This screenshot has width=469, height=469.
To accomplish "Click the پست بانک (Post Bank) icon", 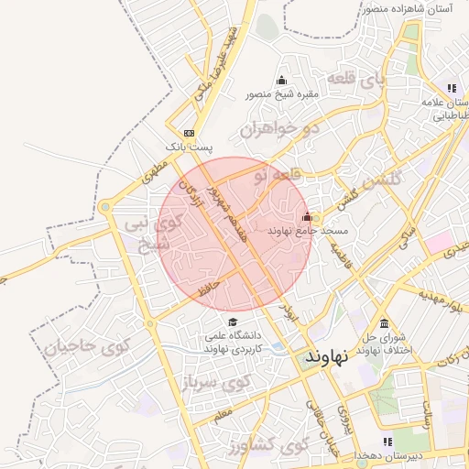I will point(189,132).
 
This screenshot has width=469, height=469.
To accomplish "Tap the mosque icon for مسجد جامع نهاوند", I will point(306,218).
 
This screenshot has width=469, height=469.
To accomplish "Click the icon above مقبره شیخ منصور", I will point(281,80).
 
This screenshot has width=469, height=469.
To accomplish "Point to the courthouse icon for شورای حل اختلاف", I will point(383,325).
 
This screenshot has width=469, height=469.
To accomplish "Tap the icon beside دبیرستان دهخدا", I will point(387,442).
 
